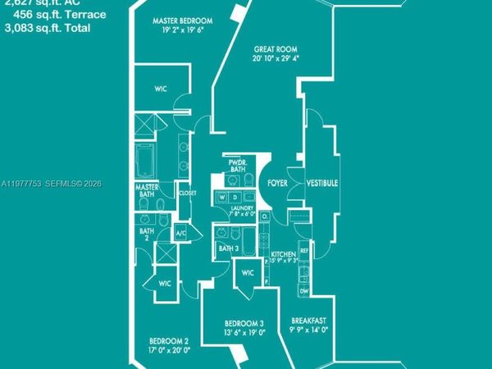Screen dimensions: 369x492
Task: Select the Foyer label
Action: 277,184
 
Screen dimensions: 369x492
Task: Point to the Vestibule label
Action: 322,184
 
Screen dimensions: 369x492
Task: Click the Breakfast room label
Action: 309,321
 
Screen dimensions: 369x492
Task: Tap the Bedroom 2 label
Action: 169,340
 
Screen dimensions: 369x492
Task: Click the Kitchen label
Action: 283,255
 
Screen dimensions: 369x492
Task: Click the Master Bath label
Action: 148,190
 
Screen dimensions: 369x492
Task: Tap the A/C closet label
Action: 182,235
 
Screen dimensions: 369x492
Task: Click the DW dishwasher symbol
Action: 303,291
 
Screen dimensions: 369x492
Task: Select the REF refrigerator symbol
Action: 303,250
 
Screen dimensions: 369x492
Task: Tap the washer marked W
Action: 222,197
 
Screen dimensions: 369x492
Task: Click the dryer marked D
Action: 235,197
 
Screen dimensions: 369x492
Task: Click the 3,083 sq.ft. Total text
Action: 47,28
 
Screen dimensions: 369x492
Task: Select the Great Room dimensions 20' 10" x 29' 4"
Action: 276,58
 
